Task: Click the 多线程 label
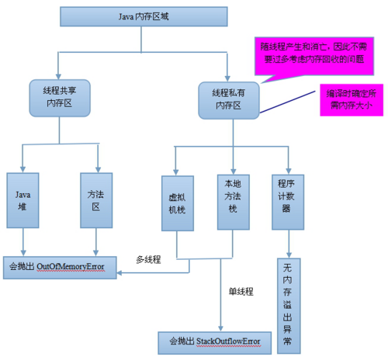148,260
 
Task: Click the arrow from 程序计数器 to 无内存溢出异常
289,247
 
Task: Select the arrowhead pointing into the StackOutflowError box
220,328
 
